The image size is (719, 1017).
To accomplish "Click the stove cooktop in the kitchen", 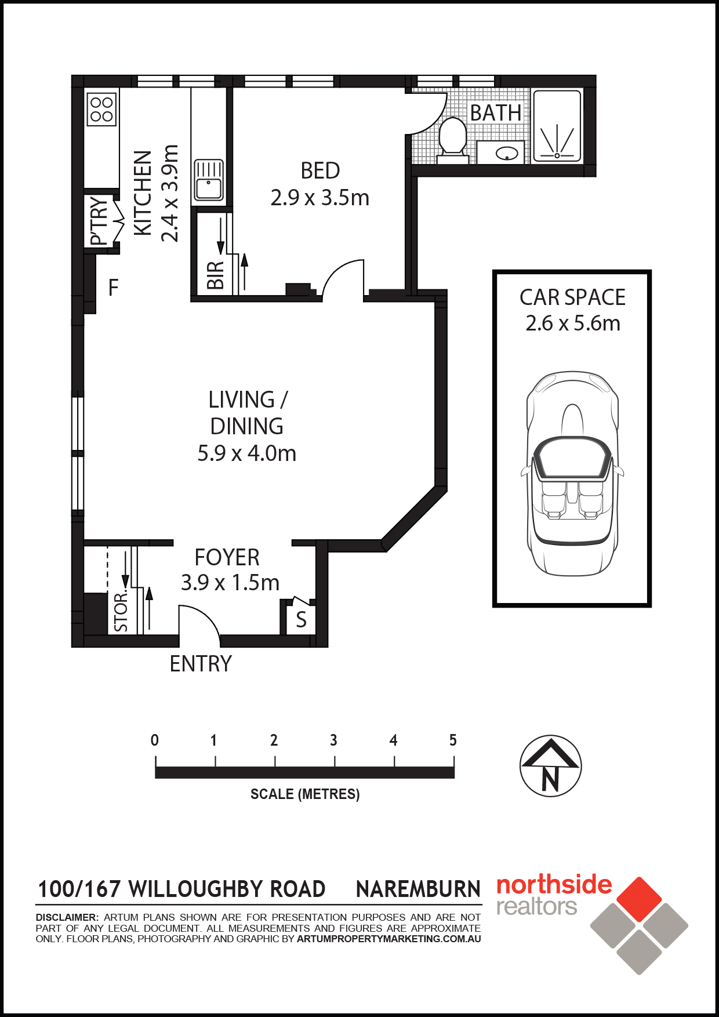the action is point(101,110).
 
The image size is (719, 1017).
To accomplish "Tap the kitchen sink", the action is point(209,180).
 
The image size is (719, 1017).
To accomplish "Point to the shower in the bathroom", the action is point(557,126).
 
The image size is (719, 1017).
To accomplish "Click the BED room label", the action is point(320,171).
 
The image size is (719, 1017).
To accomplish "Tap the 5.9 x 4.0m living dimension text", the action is point(247,453).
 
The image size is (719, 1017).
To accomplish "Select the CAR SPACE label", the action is point(572,297).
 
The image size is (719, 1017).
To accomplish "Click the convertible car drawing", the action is point(572,473).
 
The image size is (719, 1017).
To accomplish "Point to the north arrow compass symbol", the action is point(550,767).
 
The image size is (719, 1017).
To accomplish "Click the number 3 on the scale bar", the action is point(333,740).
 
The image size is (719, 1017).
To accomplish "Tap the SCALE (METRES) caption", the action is point(305,794).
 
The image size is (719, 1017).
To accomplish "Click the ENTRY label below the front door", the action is point(201,664).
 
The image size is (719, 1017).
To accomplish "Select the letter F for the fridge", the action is point(114,288).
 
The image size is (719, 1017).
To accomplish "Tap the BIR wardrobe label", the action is point(215,275).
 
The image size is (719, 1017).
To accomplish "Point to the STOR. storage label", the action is point(121,611).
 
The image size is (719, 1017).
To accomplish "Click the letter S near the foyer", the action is point(301,620).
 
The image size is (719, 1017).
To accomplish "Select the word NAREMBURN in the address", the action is point(418,889).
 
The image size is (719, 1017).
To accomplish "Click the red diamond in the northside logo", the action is point(639,899).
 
